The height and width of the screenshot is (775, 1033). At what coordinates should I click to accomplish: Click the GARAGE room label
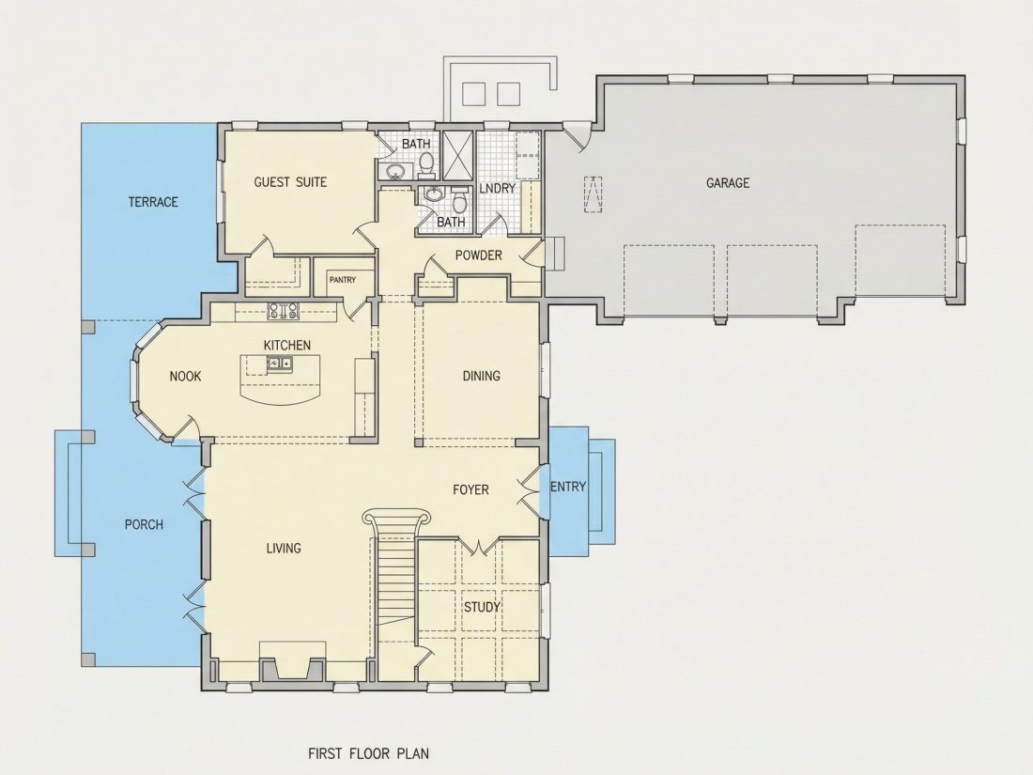[727, 182]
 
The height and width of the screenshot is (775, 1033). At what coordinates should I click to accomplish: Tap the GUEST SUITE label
[290, 182]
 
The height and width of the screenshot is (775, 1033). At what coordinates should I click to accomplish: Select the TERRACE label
[153, 202]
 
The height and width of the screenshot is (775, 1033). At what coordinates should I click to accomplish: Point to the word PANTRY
[343, 280]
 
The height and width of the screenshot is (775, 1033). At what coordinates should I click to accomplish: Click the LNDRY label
[498, 189]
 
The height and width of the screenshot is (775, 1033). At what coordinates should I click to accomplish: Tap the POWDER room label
[478, 255]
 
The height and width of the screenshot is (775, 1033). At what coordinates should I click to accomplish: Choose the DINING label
[481, 376]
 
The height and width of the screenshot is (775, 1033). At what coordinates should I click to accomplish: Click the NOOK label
[185, 377]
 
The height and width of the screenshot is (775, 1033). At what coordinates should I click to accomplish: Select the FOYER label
[470, 489]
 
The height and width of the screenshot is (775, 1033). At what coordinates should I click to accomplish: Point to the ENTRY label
[568, 487]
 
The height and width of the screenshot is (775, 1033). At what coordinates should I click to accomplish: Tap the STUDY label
[483, 607]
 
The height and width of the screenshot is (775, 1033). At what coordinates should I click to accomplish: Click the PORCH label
[144, 524]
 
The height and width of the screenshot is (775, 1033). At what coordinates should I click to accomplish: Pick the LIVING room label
[284, 548]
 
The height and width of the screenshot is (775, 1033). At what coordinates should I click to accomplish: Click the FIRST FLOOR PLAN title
[369, 752]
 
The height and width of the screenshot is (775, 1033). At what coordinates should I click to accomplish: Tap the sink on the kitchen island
[280, 364]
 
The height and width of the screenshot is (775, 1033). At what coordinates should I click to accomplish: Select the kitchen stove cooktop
[284, 310]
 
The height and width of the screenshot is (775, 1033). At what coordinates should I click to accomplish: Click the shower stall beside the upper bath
[457, 155]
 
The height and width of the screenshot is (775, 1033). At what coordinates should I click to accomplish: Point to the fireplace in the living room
[293, 661]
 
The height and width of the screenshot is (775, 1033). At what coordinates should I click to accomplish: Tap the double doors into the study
[478, 545]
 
